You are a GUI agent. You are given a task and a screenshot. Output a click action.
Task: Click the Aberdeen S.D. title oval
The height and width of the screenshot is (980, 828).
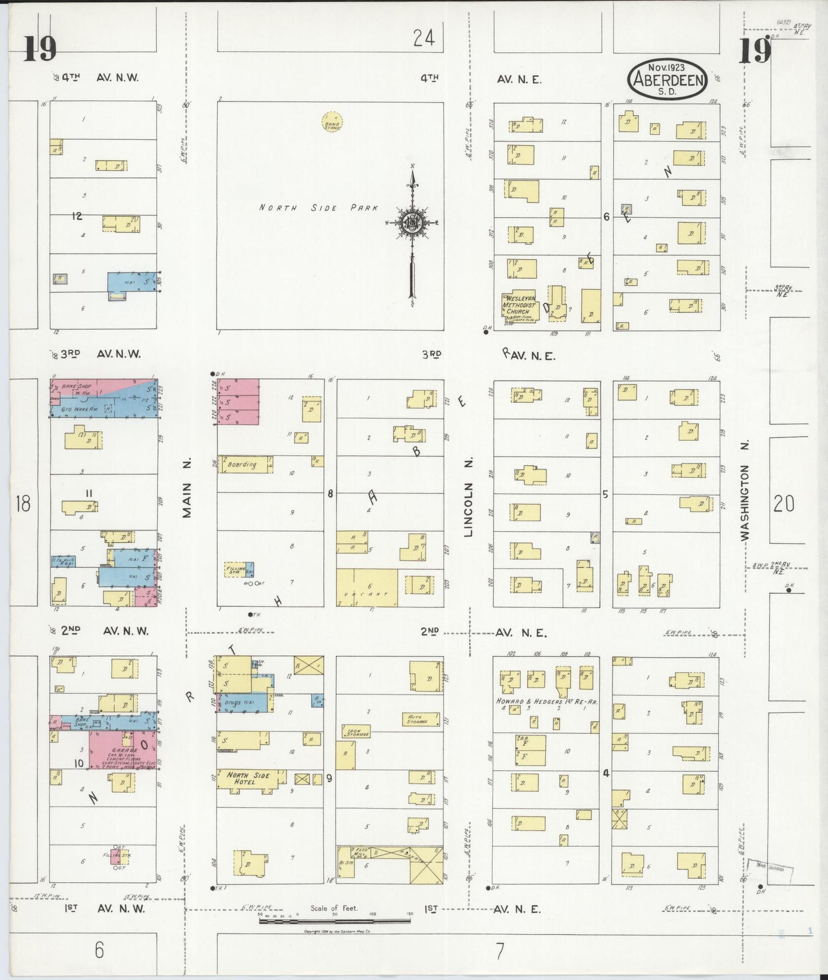coord(668,79)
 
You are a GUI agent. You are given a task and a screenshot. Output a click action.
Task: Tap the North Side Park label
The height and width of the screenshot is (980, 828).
coord(318,208)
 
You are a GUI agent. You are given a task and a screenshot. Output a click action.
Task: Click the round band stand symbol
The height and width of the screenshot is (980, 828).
coord(332,122)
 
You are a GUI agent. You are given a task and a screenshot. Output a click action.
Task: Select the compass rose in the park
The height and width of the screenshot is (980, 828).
coord(412,222)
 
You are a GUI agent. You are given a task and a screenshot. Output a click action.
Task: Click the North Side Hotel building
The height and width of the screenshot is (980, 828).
coord(248,779)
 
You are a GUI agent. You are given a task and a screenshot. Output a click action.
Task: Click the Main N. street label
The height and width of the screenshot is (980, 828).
coord(187,488)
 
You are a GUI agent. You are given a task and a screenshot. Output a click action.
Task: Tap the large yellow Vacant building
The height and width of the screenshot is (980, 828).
coord(366,588)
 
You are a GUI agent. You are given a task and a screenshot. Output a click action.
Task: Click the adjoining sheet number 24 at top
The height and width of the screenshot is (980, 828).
coord(423,38)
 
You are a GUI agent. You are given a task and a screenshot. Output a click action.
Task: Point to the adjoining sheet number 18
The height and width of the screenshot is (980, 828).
coord(23,504)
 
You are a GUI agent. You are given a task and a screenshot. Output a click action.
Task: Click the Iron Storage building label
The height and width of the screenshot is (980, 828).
coord(355,732)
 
